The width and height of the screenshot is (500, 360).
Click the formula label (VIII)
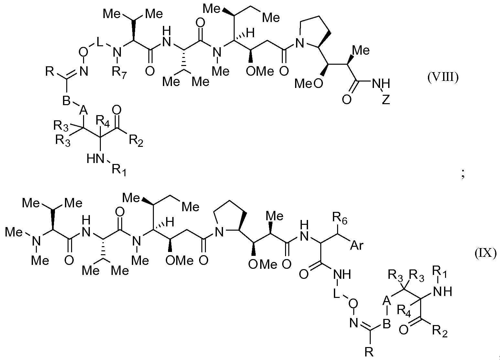(443, 78)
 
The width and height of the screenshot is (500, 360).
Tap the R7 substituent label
(119, 72)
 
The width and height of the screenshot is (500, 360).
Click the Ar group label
(357, 245)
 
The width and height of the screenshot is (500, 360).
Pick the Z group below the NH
(386, 99)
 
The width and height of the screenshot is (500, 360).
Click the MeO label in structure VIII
(308, 83)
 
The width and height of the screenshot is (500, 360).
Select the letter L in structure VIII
(100, 41)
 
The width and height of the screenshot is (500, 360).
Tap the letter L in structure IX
(336, 294)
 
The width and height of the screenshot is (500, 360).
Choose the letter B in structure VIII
(67, 100)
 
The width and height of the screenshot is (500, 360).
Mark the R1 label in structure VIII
(119, 170)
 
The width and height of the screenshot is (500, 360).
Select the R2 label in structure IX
(440, 331)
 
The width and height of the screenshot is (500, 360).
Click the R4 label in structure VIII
(102, 121)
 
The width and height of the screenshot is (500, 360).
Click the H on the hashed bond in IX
(170, 223)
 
